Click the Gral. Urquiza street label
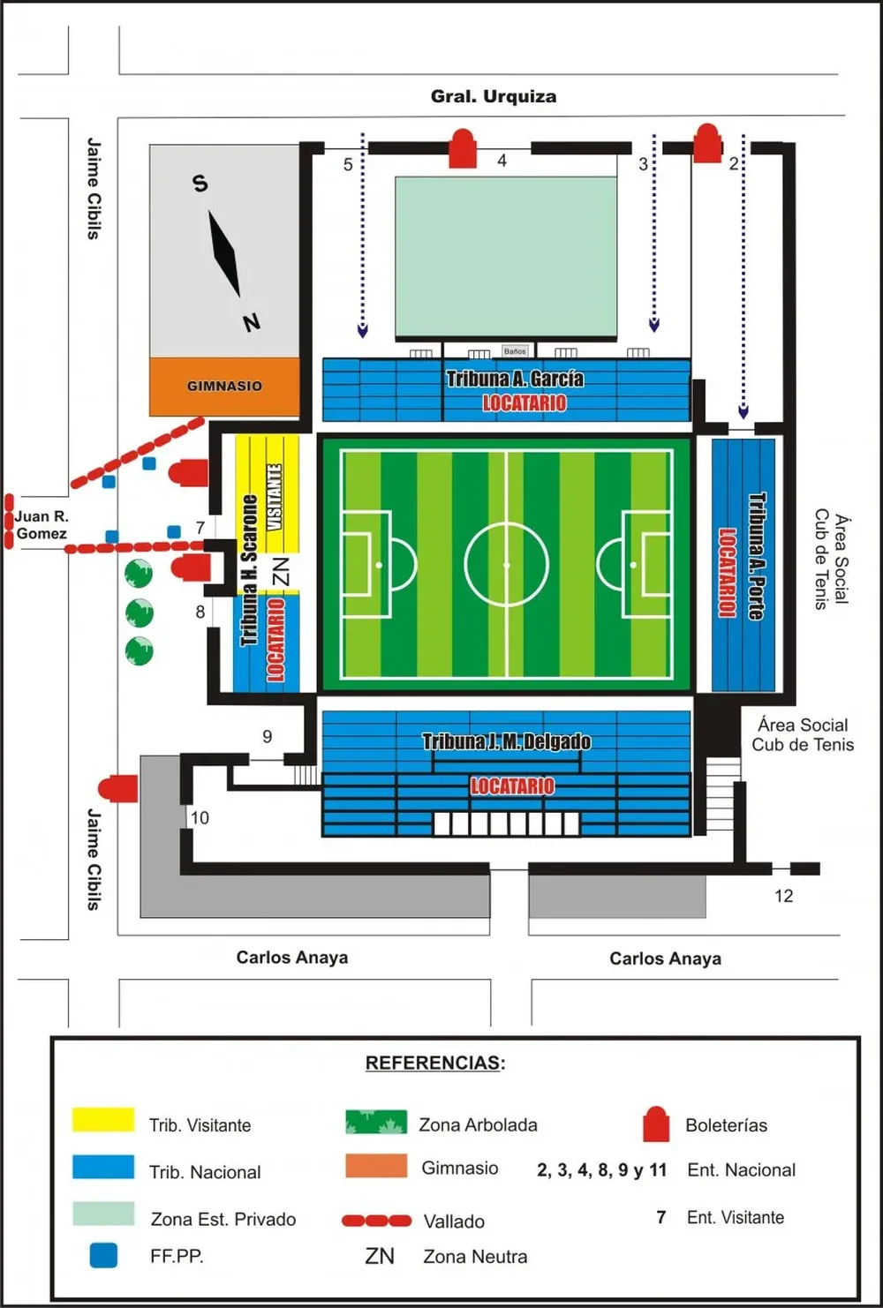[493, 96]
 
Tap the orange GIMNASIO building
[224, 387]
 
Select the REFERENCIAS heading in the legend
[435, 1063]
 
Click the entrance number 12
[783, 896]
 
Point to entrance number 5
[348, 164]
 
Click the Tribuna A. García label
[515, 379]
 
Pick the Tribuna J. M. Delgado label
[506, 741]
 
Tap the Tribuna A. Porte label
[757, 556]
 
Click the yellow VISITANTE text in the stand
[275, 497]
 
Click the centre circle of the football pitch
[506, 564]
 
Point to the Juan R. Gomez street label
[42, 525]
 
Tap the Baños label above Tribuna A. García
[515, 351]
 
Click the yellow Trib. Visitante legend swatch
[103, 1119]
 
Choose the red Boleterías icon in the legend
[655, 1124]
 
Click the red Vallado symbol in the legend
[376, 1221]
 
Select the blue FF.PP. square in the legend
[103, 1255]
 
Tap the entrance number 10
[200, 818]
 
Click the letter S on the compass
[200, 184]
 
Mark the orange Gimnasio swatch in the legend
[376, 1166]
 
